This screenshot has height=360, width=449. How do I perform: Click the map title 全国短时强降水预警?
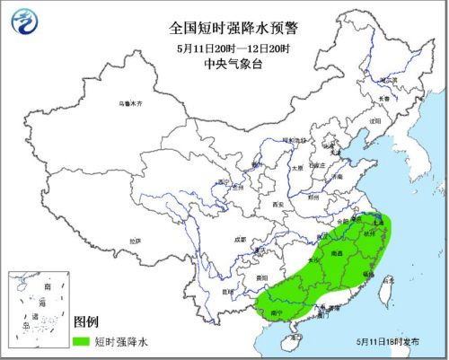(224, 28)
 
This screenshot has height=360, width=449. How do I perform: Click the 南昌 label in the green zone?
(335, 255)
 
